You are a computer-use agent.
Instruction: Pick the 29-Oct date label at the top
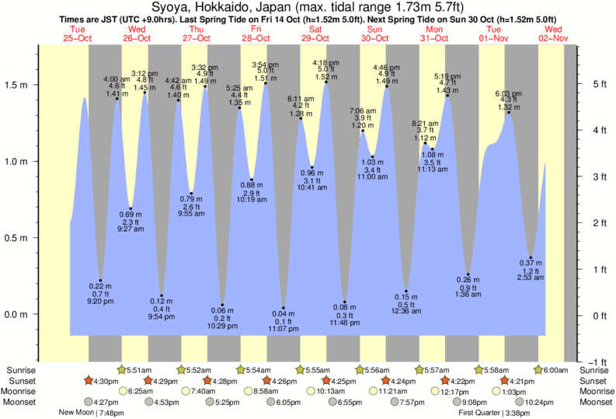coord(315,38)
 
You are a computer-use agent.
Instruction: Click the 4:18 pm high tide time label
coord(325,62)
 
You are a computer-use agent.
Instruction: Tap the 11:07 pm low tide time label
coord(284,330)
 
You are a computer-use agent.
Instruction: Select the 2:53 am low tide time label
coord(531,278)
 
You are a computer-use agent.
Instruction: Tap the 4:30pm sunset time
coord(105,381)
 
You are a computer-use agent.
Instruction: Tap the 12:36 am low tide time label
coord(406,311)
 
